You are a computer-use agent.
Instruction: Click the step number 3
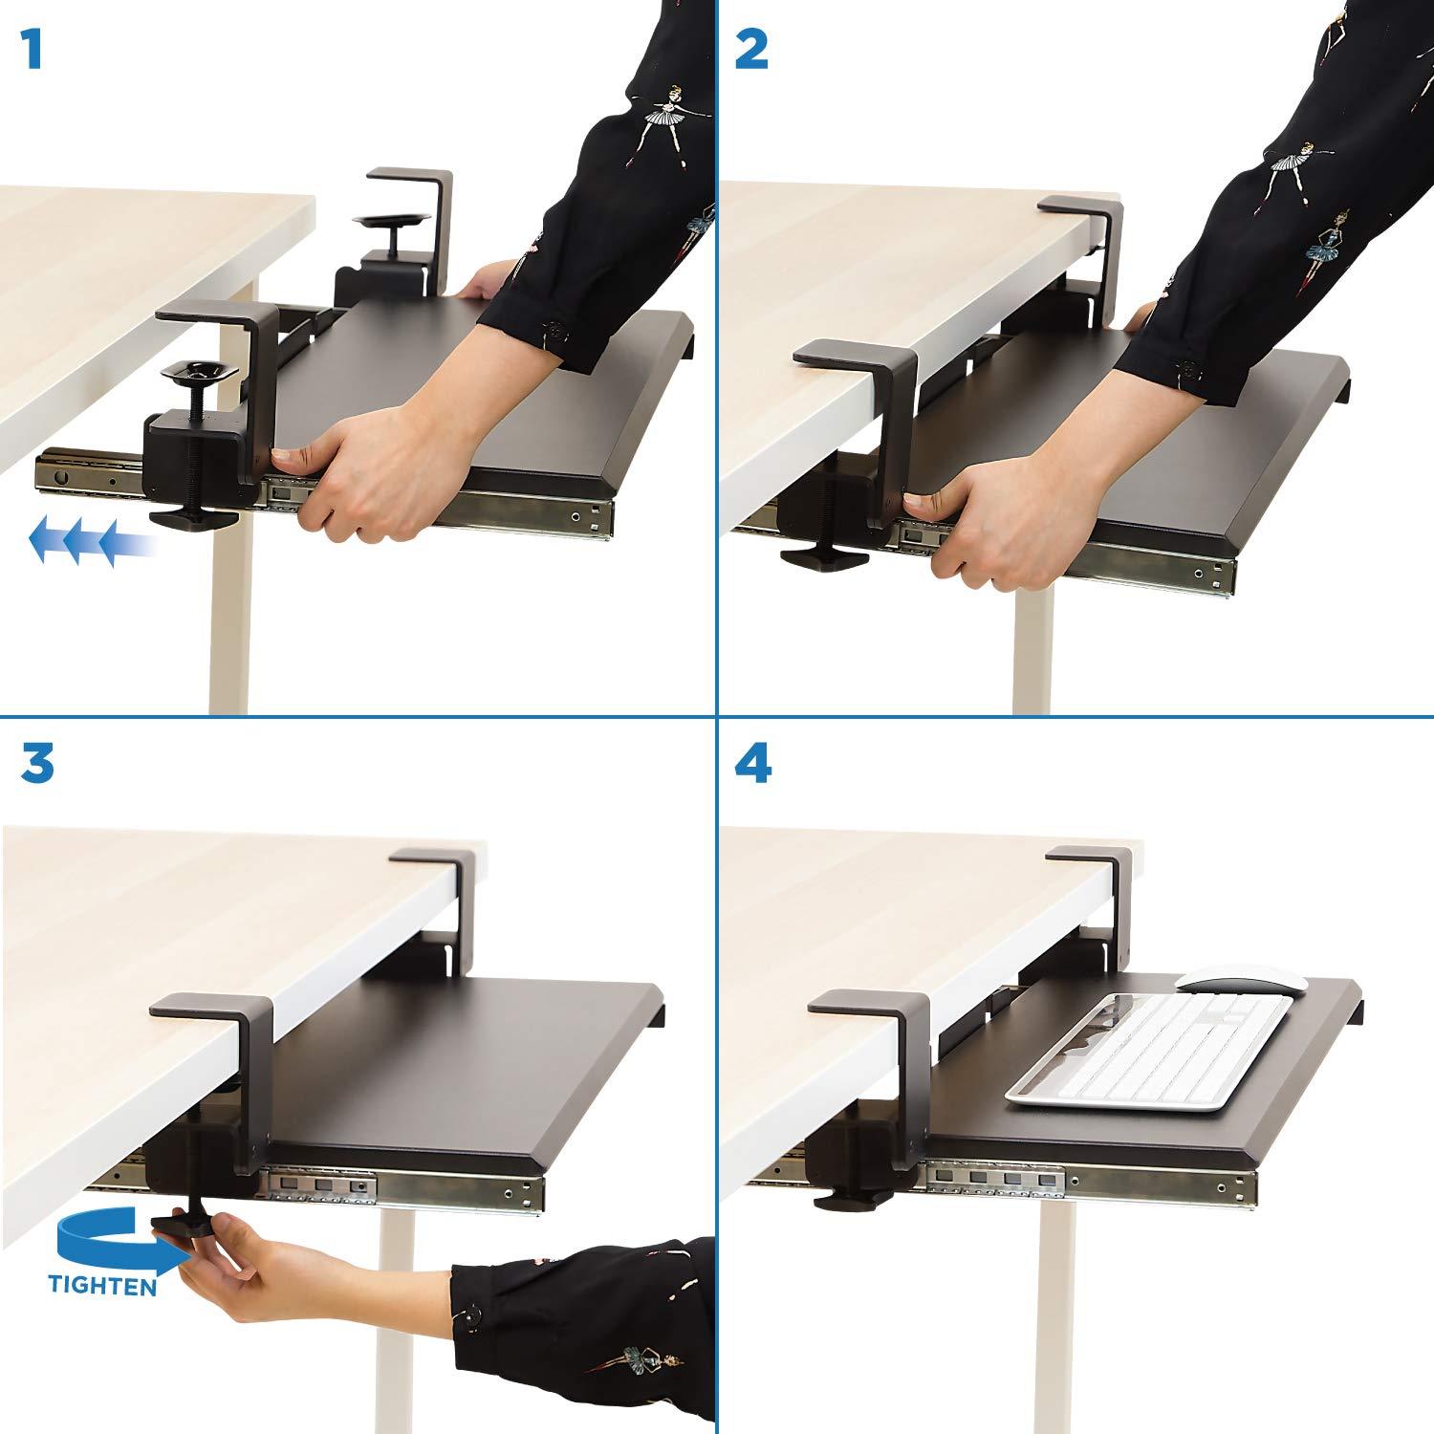37,766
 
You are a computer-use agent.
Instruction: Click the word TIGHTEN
102,1287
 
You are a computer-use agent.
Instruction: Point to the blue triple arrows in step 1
91,542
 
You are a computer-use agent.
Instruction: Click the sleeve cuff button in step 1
552,334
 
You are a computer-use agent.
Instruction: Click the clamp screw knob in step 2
813,558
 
